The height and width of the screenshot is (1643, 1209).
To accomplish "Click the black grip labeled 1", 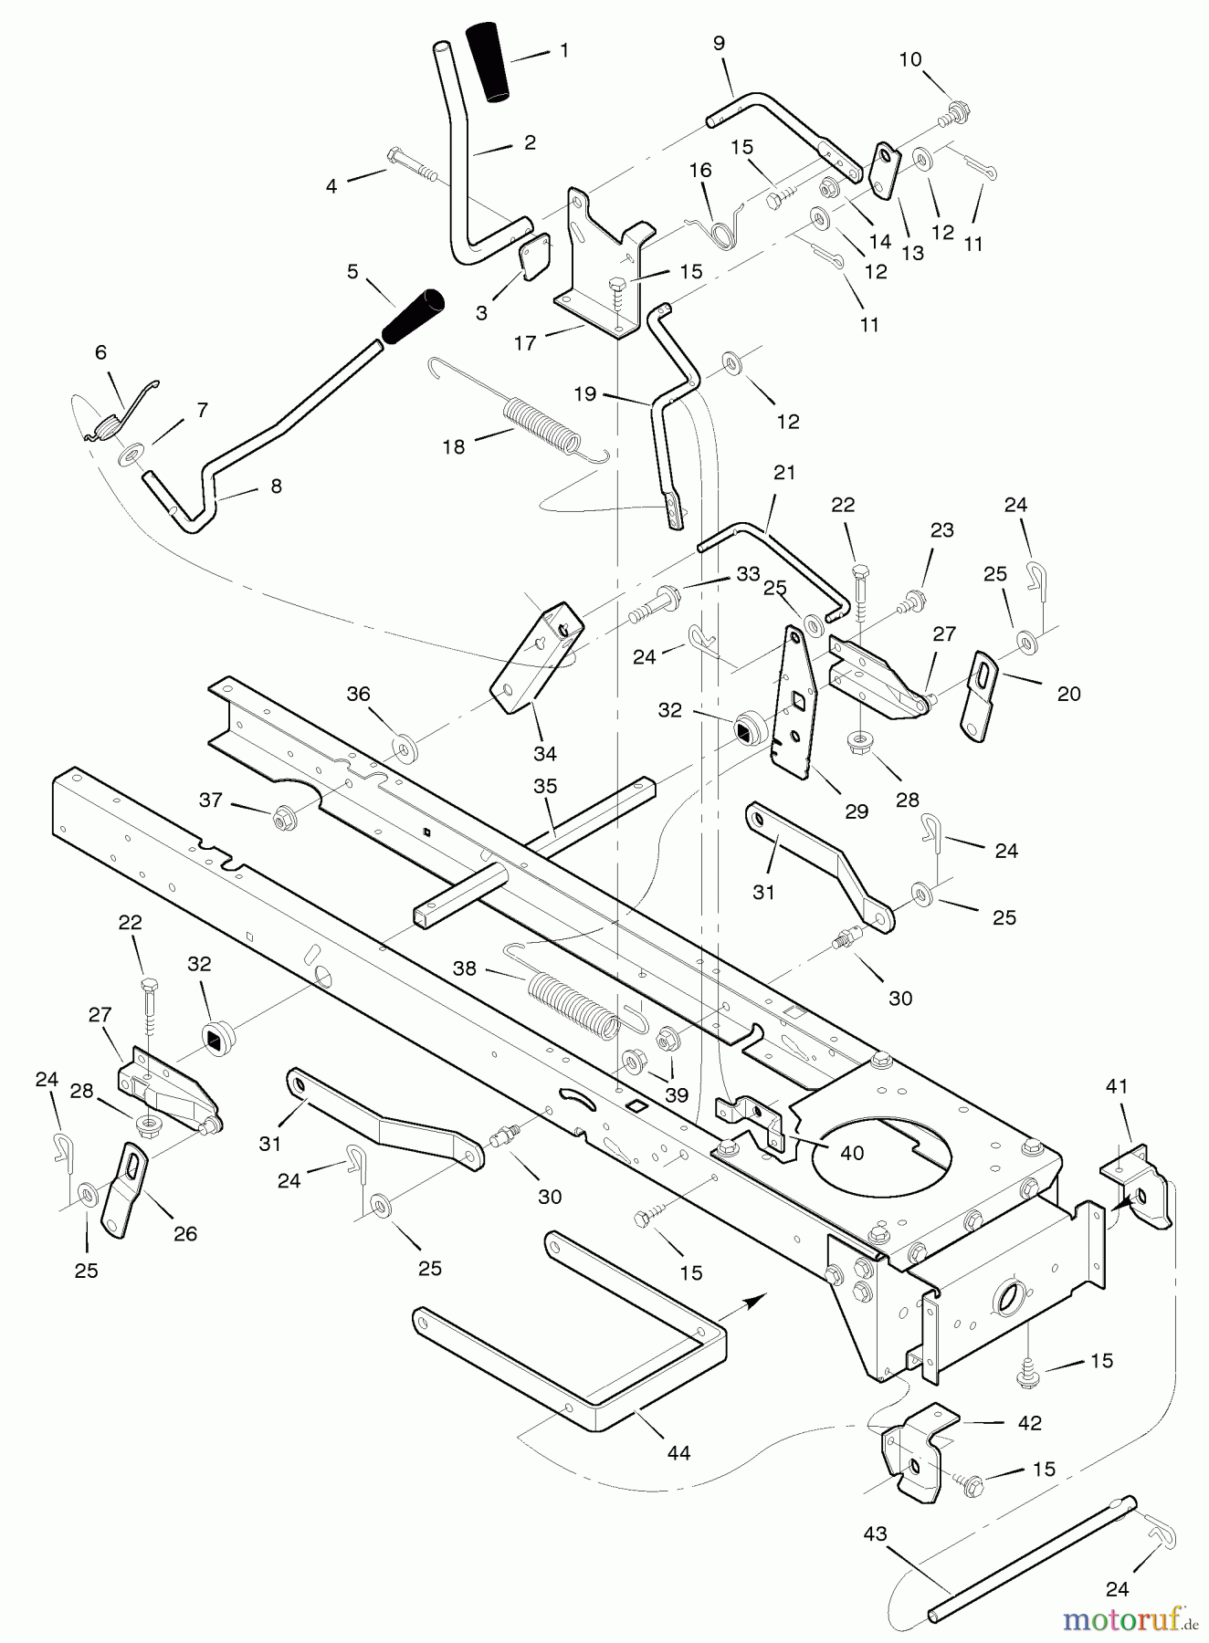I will tap(489, 61).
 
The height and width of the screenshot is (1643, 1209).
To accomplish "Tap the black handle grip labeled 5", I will tap(413, 317).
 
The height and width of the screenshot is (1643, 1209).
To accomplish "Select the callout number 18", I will tap(454, 446).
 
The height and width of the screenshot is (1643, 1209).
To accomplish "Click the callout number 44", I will tap(678, 1453).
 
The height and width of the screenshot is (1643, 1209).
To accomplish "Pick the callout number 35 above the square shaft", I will tap(545, 787).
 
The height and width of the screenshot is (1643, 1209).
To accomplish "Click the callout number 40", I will tap(851, 1154).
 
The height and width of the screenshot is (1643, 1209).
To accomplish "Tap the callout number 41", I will tap(1117, 1086).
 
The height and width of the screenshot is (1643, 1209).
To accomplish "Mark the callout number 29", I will tap(856, 811).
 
